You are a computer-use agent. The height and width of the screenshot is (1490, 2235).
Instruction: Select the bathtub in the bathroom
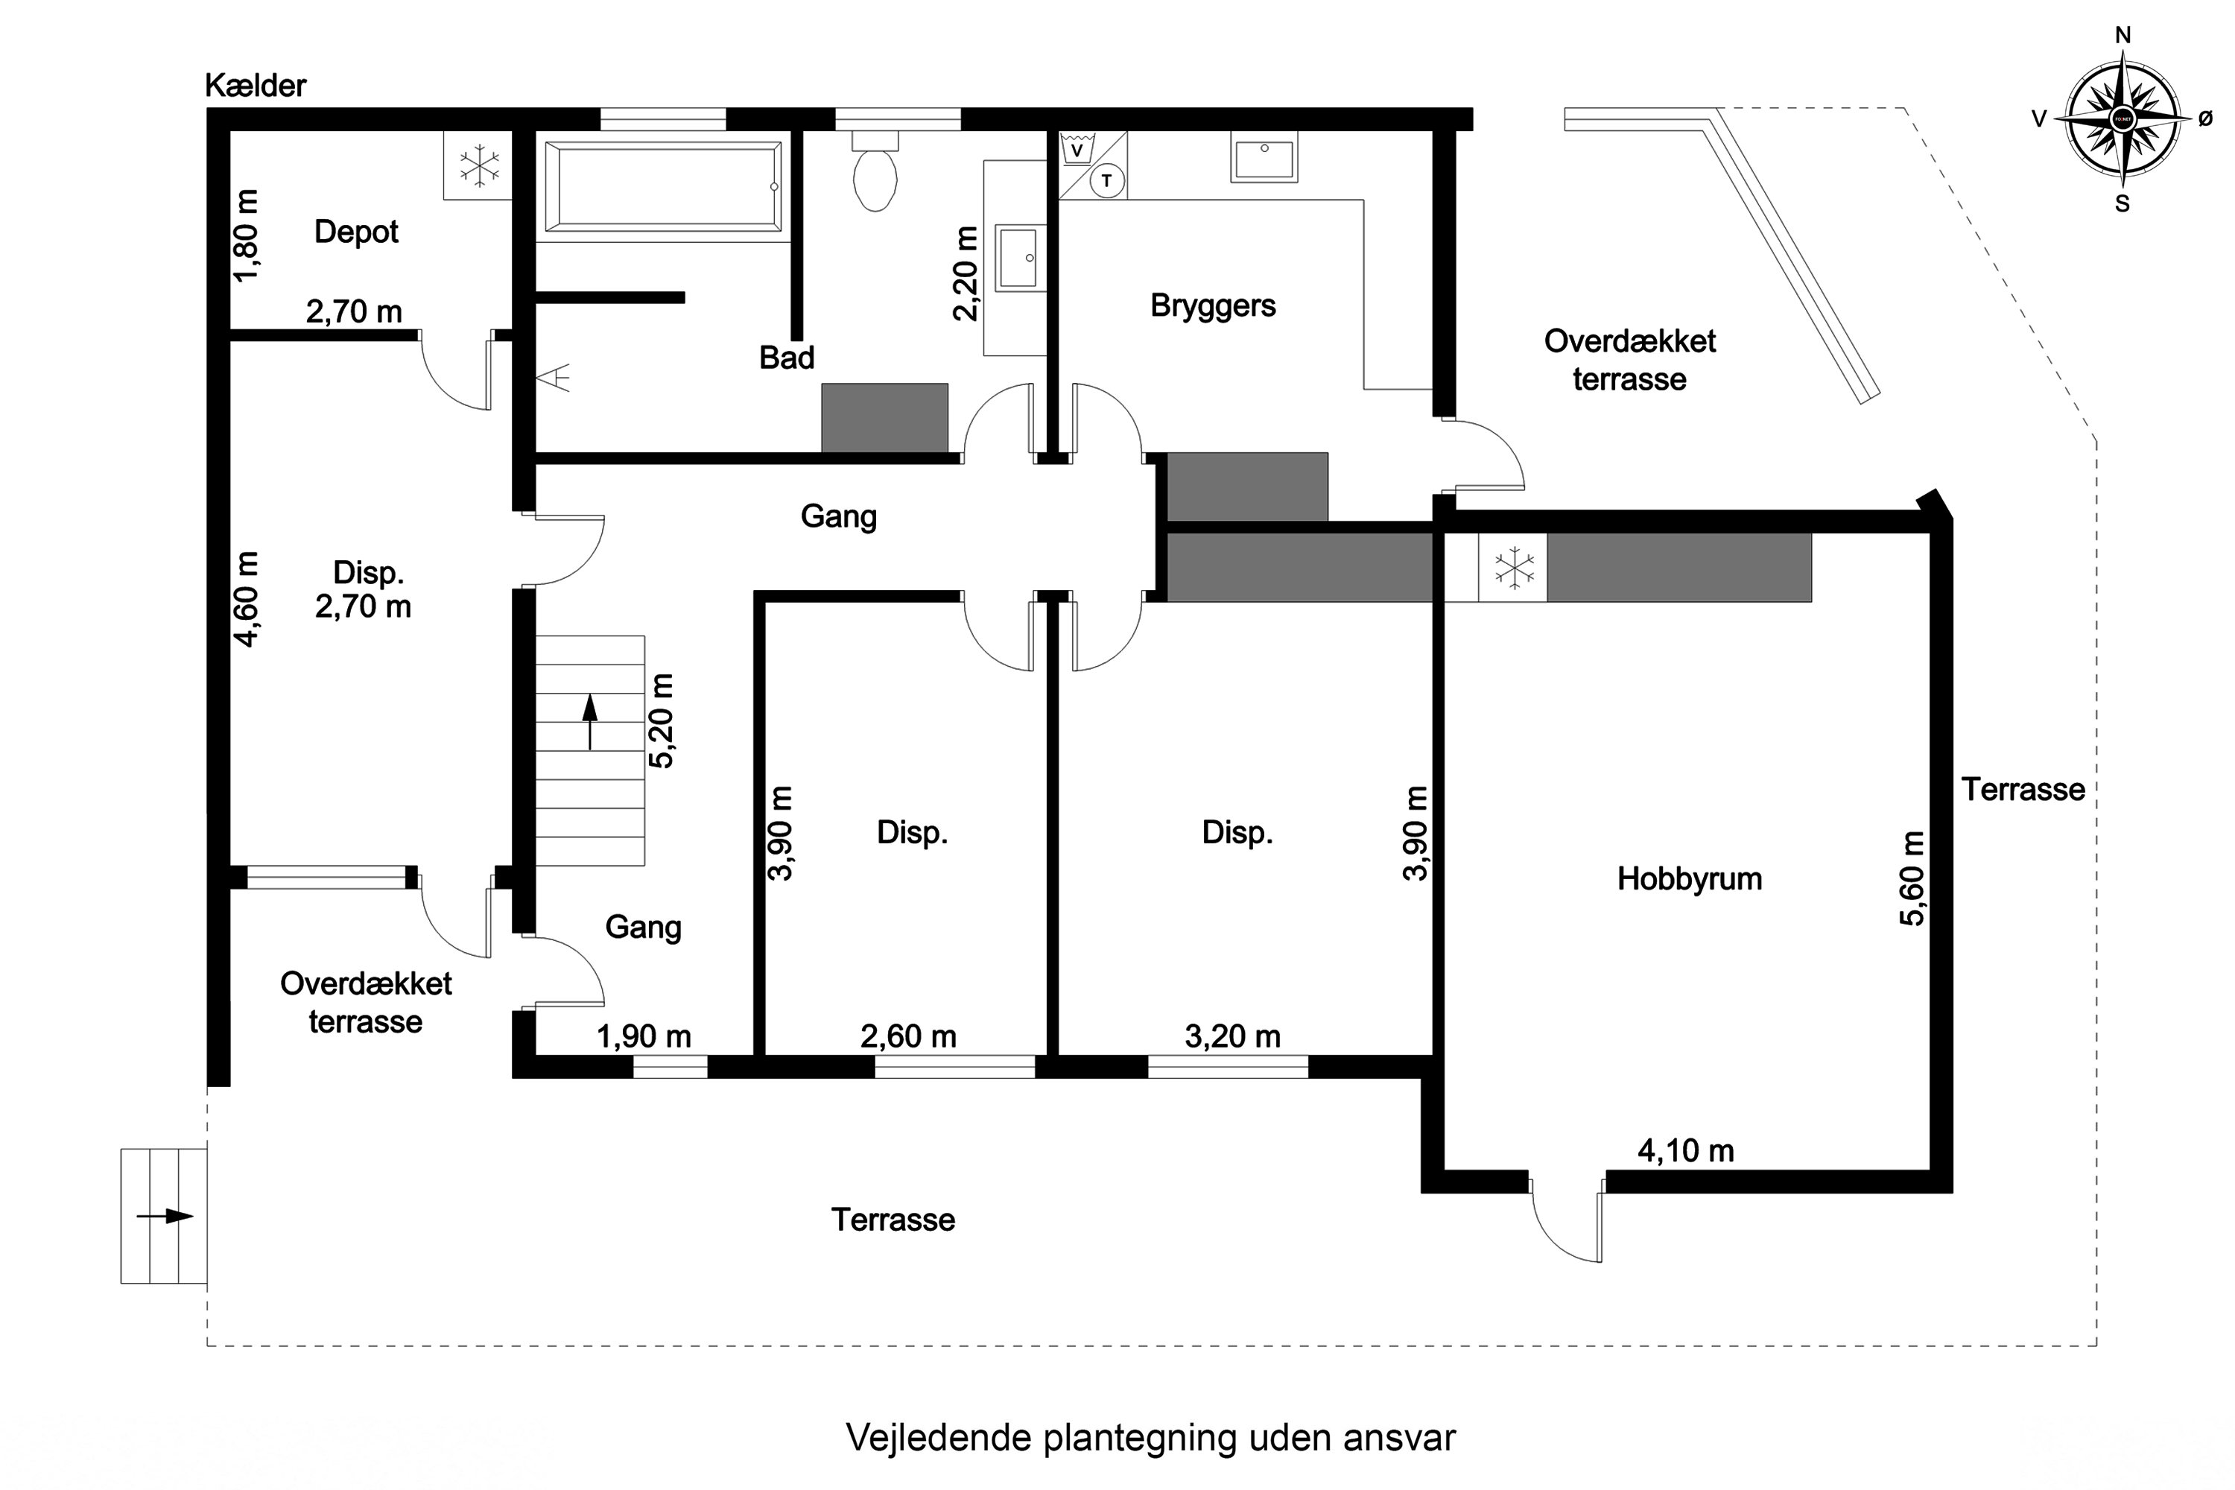tap(662, 186)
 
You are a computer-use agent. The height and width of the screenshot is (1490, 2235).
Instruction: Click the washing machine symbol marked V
tap(1077, 150)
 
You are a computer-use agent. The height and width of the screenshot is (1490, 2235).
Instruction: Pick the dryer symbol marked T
tap(1106, 180)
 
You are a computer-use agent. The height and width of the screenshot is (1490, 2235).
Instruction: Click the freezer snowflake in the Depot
tap(479, 165)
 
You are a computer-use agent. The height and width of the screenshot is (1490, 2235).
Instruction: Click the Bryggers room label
tap(1213, 306)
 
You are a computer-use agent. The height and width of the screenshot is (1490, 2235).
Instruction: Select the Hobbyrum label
tap(1689, 879)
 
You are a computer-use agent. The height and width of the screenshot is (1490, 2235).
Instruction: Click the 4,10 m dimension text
tap(1686, 1151)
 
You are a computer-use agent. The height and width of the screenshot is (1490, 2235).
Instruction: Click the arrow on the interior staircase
tap(590, 721)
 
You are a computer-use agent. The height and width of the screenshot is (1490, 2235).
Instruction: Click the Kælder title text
tap(256, 86)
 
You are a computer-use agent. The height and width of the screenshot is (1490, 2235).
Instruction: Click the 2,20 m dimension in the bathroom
tap(965, 273)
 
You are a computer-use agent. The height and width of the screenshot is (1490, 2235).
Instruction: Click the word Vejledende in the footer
tap(938, 1438)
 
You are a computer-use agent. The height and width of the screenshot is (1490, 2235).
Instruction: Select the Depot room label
tap(356, 232)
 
